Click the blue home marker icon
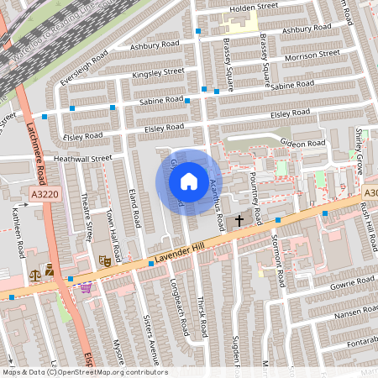[x=189, y=181]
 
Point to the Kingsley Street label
[x=158, y=73]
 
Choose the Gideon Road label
[x=302, y=144]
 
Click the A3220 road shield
[x=45, y=194]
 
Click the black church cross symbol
[x=239, y=220]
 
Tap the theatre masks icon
[x=106, y=260]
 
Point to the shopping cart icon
[x=85, y=287]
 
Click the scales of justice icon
[x=35, y=273]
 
